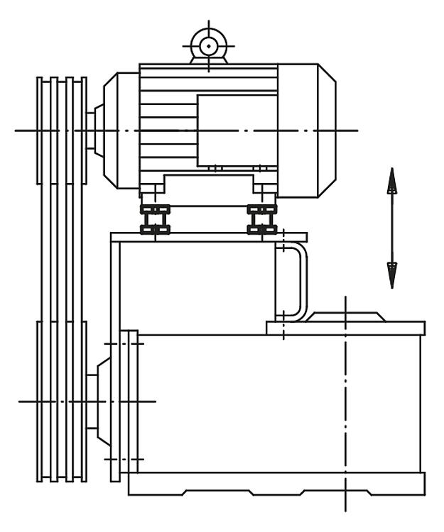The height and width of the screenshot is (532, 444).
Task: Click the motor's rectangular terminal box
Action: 236,129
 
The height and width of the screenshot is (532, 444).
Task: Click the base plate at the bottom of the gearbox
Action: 277,484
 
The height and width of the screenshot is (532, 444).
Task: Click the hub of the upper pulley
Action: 94,130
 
